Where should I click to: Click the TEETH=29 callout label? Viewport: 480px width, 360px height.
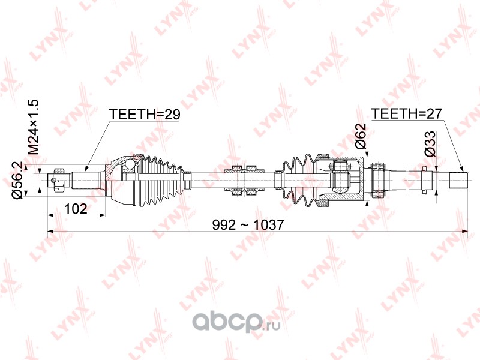(145, 115)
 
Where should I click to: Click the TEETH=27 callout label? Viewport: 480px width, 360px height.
(407, 114)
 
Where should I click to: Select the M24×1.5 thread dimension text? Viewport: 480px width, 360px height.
(34, 127)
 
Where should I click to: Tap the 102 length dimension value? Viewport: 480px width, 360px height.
(76, 209)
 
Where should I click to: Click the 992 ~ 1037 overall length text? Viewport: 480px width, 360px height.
(248, 225)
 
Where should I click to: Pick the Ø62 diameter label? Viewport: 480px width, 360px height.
(361, 136)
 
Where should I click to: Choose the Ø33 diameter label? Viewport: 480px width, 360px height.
(430, 144)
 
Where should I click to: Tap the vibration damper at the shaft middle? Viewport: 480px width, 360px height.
(244, 180)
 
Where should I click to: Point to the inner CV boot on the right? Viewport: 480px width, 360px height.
(302, 180)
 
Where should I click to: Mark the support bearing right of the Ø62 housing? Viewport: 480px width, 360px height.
(378, 180)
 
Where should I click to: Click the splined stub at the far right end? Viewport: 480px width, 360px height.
(458, 180)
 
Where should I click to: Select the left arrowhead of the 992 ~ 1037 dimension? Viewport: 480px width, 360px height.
(51, 232)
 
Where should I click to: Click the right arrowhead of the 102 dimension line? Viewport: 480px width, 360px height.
(102, 215)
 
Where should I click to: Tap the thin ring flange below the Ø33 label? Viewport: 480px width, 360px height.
(424, 180)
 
